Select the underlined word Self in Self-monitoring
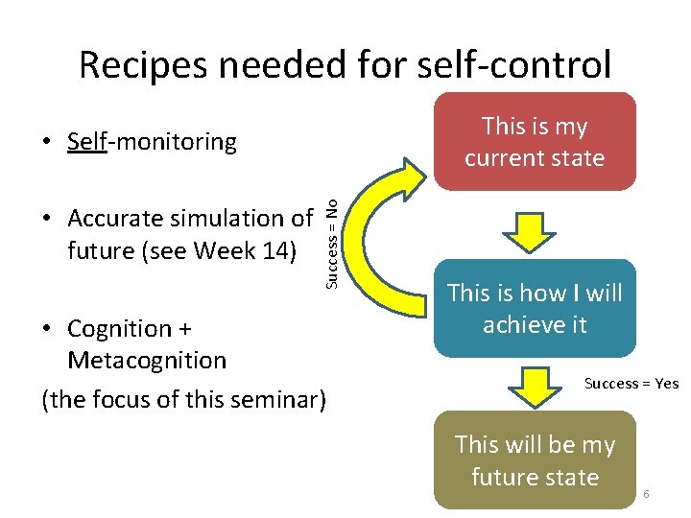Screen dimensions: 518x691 point(86,142)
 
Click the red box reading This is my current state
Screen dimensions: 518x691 point(535,141)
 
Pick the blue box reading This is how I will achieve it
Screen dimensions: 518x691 point(535,308)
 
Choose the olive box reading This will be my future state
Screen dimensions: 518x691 point(535,460)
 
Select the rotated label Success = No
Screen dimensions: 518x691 point(330,240)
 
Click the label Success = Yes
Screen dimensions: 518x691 point(631,384)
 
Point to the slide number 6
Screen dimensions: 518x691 point(647,493)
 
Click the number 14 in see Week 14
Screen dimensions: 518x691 point(271,251)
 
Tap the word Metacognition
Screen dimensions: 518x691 point(147,361)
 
